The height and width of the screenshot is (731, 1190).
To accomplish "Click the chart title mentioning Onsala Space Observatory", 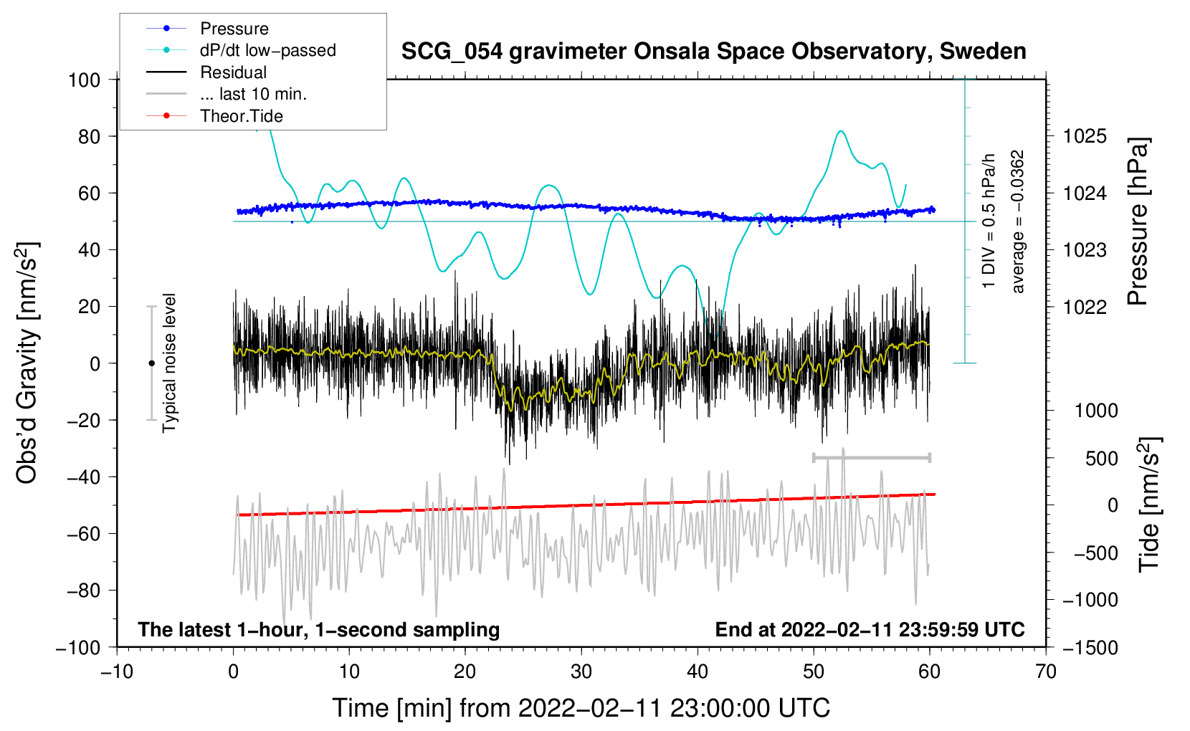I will click(x=713, y=52).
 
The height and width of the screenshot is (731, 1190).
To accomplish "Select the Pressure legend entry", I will click(x=234, y=29).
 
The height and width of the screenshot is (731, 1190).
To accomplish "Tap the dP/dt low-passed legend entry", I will click(x=267, y=50).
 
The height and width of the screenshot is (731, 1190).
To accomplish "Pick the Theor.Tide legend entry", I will click(x=241, y=116).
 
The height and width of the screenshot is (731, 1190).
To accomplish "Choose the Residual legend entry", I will click(x=233, y=72).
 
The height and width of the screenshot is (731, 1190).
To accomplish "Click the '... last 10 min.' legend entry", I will click(x=253, y=94).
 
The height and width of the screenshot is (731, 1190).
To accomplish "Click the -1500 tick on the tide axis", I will click(x=1090, y=647).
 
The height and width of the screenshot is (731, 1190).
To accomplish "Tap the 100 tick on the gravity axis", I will click(x=84, y=80).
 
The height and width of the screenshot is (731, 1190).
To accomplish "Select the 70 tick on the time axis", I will click(x=1046, y=672).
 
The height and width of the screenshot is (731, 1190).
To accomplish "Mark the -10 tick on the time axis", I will click(x=117, y=672).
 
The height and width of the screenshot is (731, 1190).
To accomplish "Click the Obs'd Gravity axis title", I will click(x=27, y=363).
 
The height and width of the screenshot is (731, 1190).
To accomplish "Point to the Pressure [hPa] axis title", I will click(x=1138, y=221).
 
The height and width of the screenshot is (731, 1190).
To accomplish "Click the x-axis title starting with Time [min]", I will click(x=581, y=708).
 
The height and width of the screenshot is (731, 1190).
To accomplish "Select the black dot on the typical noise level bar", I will click(x=151, y=363).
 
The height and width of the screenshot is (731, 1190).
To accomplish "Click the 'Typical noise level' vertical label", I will click(x=169, y=363).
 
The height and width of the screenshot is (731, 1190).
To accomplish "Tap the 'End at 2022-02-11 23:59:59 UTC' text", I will click(x=870, y=629).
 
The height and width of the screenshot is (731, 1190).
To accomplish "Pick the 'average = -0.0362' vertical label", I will click(x=1018, y=221).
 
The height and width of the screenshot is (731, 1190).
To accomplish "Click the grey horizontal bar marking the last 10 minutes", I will click(x=871, y=457).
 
